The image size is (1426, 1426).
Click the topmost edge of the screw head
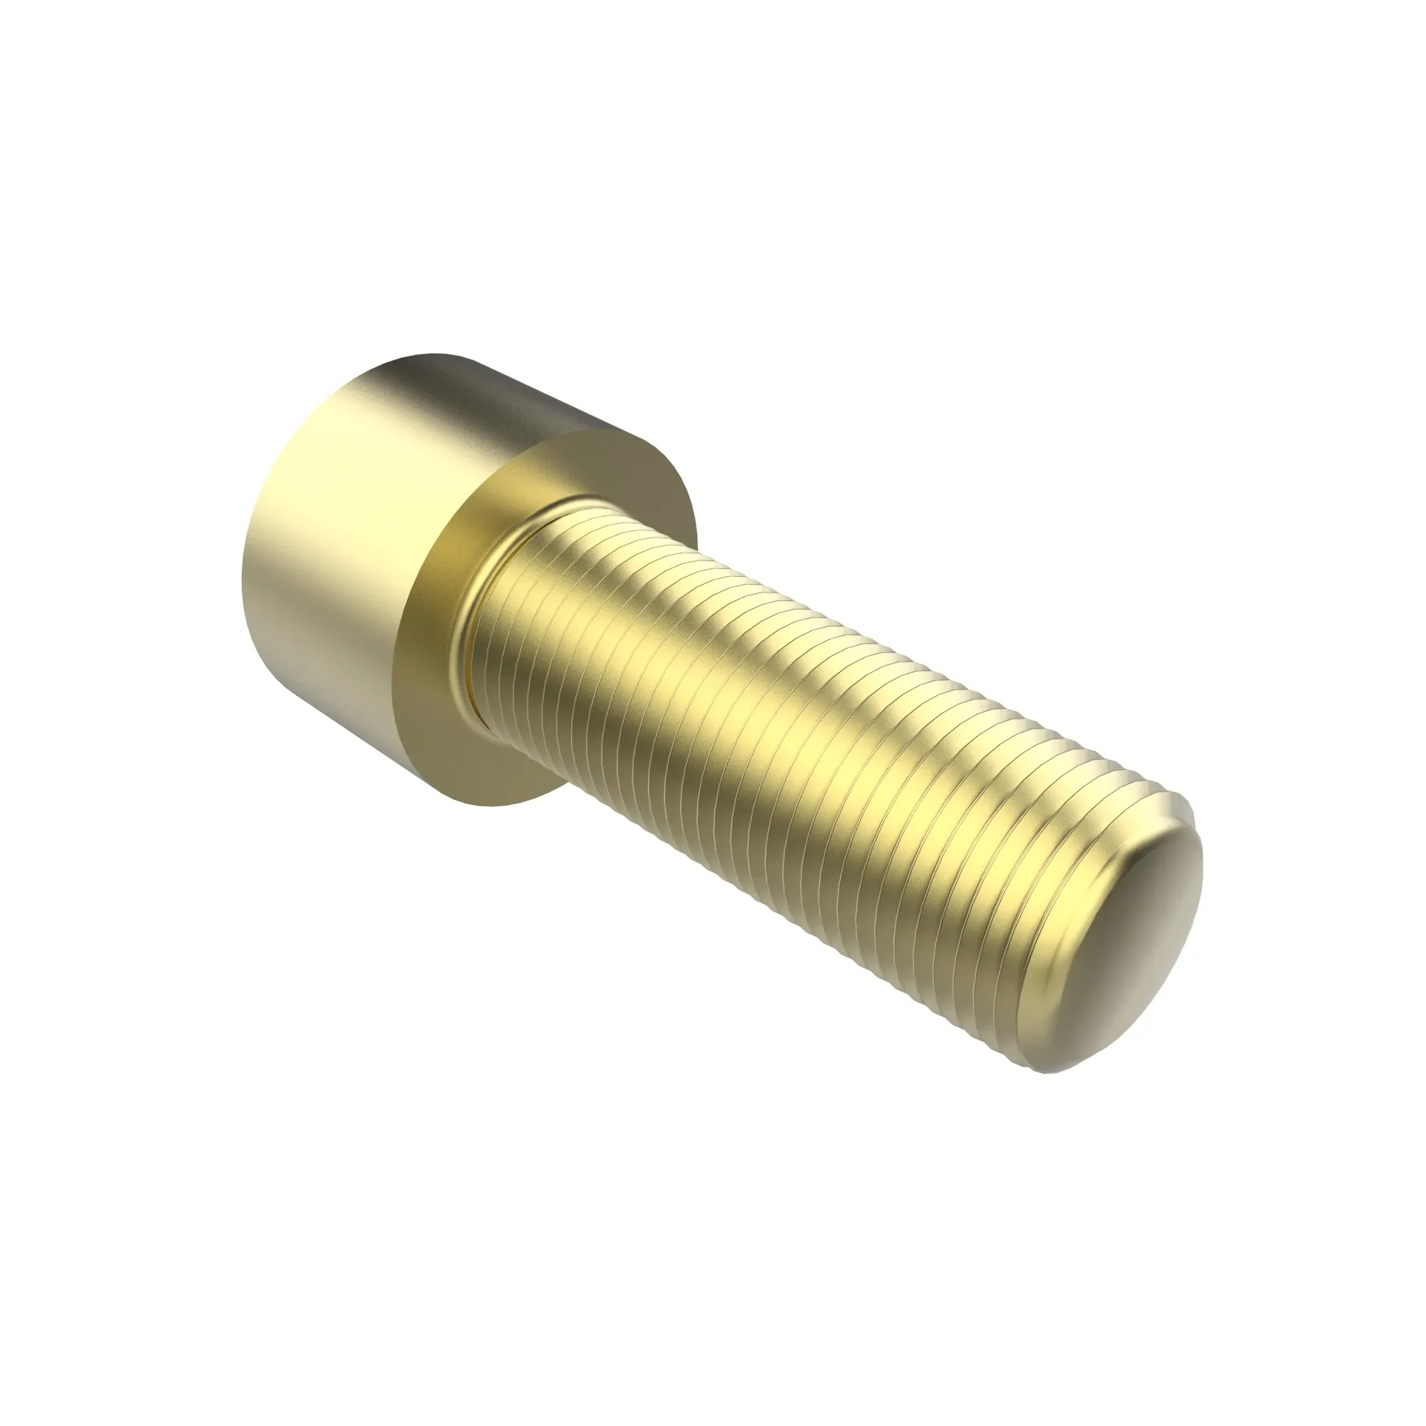[x=436, y=355]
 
